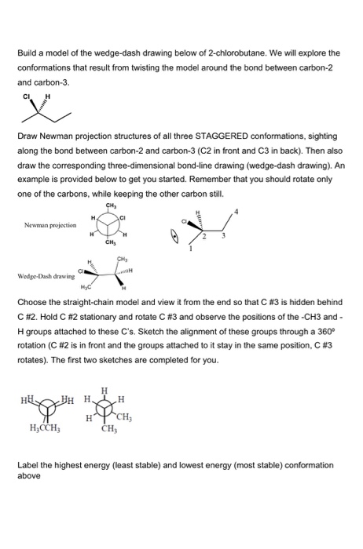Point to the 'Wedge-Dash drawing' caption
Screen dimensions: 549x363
pyautogui.click(x=46, y=276)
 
